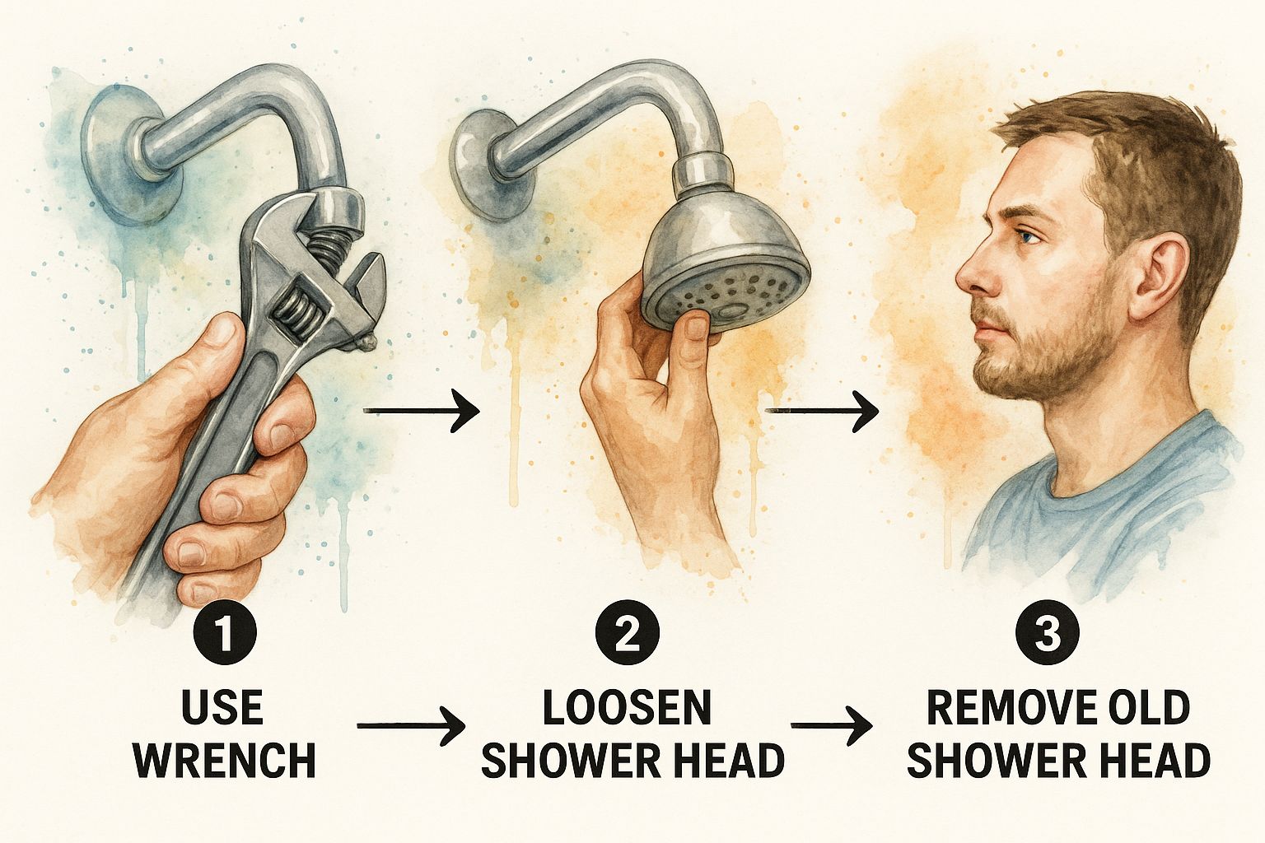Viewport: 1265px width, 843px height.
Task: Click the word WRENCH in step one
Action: [225, 759]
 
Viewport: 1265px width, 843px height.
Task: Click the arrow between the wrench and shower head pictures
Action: [422, 411]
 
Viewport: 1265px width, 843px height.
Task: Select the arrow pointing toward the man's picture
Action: [822, 411]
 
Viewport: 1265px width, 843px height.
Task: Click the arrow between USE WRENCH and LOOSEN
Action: [411, 725]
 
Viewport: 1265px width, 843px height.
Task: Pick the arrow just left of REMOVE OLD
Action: [831, 725]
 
